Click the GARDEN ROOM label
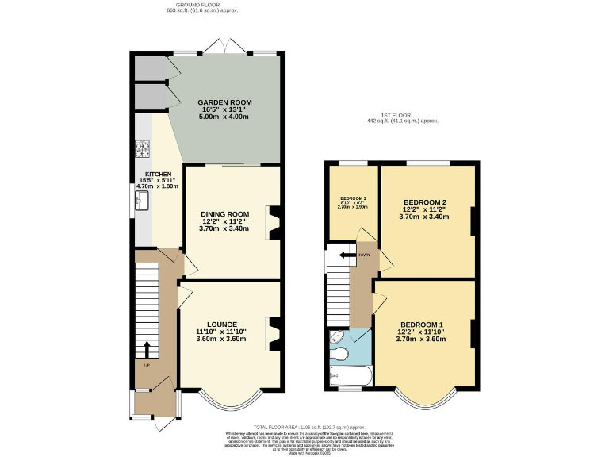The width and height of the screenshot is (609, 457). click(224, 102)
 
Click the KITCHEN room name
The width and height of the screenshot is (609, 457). click(157, 174)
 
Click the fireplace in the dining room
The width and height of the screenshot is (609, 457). click(275, 222)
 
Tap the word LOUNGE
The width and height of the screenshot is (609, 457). click(222, 324)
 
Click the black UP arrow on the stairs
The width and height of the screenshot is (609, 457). click(147, 350)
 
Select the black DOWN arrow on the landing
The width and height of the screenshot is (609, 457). click(346, 255)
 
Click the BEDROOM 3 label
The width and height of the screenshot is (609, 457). click(353, 198)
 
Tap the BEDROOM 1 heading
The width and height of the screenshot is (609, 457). click(422, 325)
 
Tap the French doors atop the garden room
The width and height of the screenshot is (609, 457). click(225, 50)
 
